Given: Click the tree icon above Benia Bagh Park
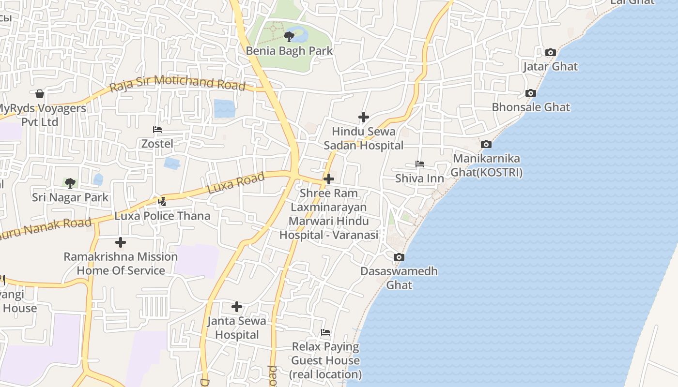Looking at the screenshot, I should (x=289, y=36).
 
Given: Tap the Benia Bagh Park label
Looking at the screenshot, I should (x=289, y=51).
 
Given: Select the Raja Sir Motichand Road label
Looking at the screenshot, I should (x=178, y=83).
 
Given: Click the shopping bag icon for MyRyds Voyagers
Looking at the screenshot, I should (x=40, y=93).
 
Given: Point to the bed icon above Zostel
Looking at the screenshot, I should (x=157, y=130).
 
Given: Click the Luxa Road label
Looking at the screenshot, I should (x=236, y=183).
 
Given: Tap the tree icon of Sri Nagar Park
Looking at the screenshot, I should (x=70, y=183).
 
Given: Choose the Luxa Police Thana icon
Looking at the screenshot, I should (x=162, y=201).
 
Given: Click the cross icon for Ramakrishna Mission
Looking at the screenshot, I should (x=121, y=242).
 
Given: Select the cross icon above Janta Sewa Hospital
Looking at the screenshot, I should (x=237, y=307).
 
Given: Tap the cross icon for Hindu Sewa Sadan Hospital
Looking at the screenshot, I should (x=364, y=117).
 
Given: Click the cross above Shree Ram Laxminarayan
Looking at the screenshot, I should (x=329, y=179).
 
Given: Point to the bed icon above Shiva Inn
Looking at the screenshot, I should (x=420, y=164).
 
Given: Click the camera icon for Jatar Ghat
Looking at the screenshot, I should (x=550, y=52).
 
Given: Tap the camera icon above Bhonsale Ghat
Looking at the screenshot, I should (x=531, y=93).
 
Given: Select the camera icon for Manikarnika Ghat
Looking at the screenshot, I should (x=486, y=144).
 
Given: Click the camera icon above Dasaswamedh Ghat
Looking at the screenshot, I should (x=399, y=257).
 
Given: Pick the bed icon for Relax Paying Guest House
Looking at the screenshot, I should (x=325, y=332).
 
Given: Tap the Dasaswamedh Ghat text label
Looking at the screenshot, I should (x=399, y=278).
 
